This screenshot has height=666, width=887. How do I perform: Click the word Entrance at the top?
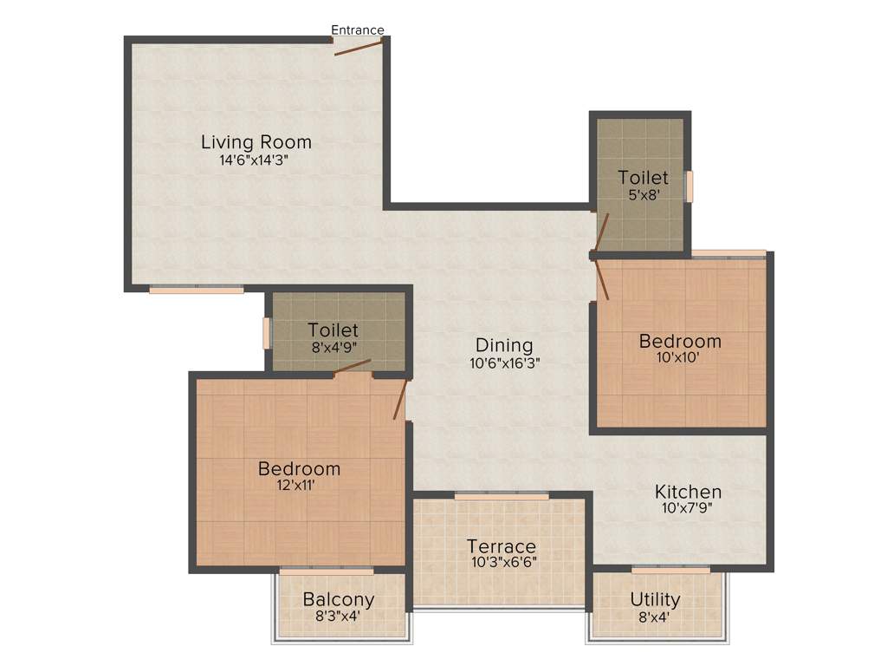357,30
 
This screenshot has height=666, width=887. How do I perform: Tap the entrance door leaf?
359,47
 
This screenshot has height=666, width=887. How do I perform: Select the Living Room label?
256,142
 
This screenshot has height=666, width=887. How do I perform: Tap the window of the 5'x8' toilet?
690,186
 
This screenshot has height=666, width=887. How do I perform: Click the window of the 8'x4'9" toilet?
267,333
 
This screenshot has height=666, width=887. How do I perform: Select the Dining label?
504,346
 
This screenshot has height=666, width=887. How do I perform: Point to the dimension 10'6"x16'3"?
504,364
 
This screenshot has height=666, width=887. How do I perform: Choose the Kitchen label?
688,493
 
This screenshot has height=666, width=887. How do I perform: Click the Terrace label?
502,547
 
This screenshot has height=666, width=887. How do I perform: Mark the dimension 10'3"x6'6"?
502,562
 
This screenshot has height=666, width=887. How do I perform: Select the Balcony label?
339,599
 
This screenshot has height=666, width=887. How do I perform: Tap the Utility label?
655,599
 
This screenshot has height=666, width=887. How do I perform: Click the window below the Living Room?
196,290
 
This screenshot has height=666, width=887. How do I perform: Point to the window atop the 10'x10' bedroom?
728,254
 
